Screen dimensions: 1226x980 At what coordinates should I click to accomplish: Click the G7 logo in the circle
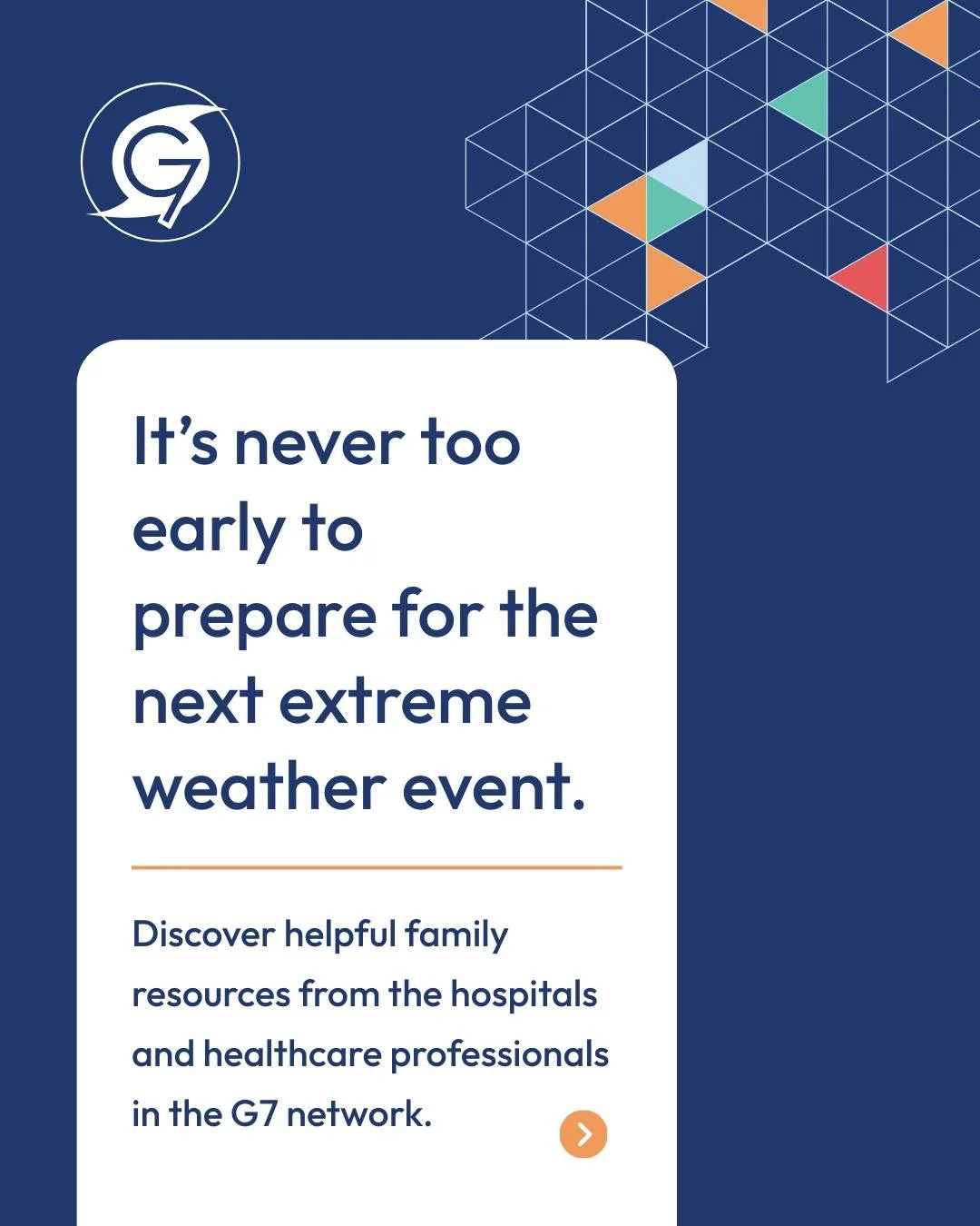click(161, 163)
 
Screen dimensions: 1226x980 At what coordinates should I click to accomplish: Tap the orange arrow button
click(583, 1134)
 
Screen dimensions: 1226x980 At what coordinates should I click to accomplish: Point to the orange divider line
click(377, 867)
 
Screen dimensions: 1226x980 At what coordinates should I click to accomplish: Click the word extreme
click(405, 703)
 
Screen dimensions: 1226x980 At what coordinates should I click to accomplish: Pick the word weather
click(260, 788)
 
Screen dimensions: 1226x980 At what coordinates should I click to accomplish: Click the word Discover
click(203, 934)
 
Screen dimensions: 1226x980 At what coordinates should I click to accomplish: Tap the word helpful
click(340, 934)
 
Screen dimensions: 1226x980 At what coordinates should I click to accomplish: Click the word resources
click(211, 995)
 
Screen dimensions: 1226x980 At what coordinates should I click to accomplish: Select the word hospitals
click(524, 994)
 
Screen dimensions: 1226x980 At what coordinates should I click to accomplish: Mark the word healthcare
click(292, 1054)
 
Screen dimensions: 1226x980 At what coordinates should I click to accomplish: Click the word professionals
click(499, 1055)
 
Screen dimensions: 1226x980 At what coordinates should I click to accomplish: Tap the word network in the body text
click(358, 1114)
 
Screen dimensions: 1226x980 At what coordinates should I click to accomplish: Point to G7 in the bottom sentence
click(253, 1114)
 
